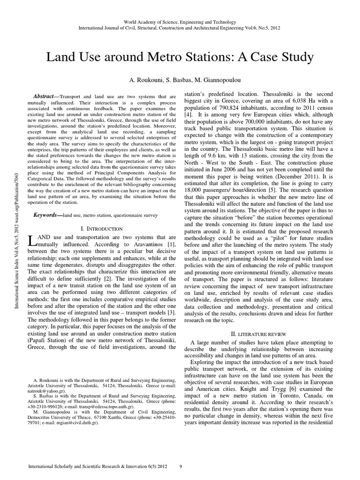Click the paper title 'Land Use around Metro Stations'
coord(180,57)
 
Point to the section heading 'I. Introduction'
coord(102,229)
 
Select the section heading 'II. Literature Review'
coord(259,333)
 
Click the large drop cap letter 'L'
coord(31,241)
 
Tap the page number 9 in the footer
coord(181,467)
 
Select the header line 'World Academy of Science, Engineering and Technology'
coord(180,22)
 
